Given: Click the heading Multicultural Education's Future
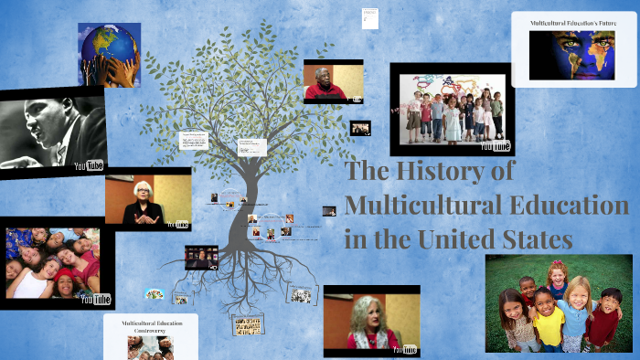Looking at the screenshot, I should coord(574,21).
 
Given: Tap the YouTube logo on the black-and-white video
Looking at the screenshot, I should coord(89,165).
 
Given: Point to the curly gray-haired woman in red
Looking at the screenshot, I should coord(369,321).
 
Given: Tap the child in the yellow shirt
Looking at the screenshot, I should coord(549,321).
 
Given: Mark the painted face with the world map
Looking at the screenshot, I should coord(572,52).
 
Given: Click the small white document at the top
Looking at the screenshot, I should coord(369,17).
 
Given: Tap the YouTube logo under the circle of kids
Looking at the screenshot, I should coord(95,299).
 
